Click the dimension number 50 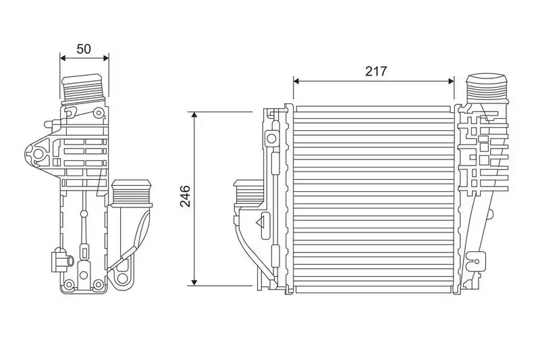point(84,49)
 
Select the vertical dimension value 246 point(186,196)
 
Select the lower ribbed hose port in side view point(131,194)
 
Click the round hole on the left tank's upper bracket point(271,139)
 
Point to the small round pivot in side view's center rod point(84,215)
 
